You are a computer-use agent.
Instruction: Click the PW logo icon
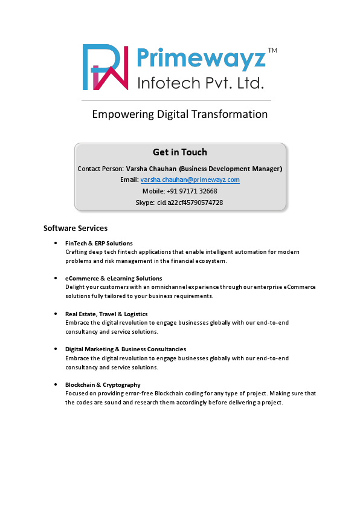coord(105,67)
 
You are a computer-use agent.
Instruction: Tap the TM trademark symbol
coord(272,51)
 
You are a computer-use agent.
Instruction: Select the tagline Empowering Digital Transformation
coord(179,114)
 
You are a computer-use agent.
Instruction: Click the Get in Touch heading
coord(180,152)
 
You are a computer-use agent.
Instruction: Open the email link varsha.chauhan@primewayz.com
coord(190,180)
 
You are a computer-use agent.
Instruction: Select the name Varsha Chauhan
coord(151,169)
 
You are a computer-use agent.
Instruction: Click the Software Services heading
coord(76,229)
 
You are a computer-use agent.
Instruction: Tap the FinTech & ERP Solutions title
coord(99,243)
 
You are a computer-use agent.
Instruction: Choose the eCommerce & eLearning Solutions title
coord(114,278)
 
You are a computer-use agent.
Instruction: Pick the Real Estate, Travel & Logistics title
coord(106,314)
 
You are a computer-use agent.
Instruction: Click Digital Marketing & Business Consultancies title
coord(126,349)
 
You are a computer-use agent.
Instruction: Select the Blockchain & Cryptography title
coord(103,384)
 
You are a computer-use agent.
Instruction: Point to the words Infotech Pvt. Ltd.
coord(201,82)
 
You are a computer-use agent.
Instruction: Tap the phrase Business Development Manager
coord(231,169)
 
